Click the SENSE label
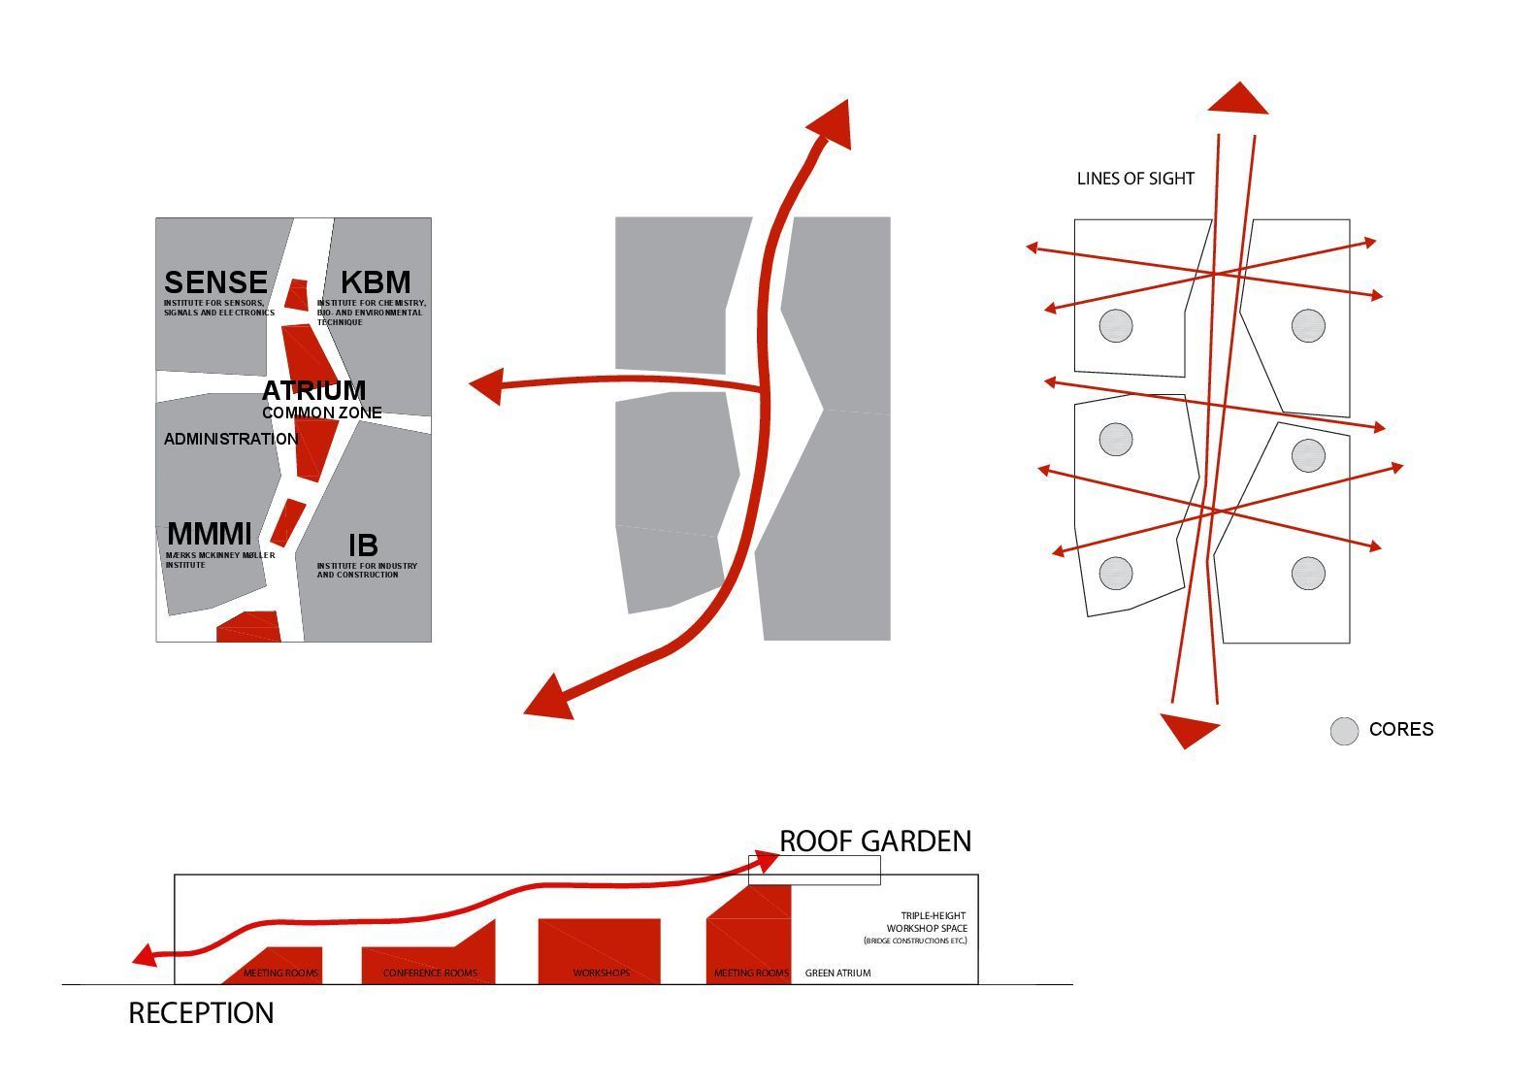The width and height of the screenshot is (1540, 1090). pyautogui.click(x=215, y=282)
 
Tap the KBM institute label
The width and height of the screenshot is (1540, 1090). pyautogui.click(x=376, y=282)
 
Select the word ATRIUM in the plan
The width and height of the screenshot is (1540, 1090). pyautogui.click(x=313, y=390)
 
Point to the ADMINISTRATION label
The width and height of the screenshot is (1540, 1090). pyautogui.click(x=231, y=439)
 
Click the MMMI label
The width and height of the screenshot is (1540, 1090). pyautogui.click(x=210, y=534)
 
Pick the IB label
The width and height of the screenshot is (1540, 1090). pyautogui.click(x=363, y=545)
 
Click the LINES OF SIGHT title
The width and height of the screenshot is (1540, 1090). pyautogui.click(x=1135, y=179)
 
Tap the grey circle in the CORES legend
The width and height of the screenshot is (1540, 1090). pyautogui.click(x=1344, y=731)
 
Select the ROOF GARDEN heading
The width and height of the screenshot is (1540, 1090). pyautogui.click(x=875, y=841)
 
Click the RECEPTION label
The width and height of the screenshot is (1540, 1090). pyautogui.click(x=201, y=1013)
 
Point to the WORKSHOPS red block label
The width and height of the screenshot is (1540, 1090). pyautogui.click(x=601, y=973)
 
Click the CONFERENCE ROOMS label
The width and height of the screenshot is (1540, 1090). pyautogui.click(x=430, y=973)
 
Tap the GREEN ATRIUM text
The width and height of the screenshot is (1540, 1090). pyautogui.click(x=837, y=973)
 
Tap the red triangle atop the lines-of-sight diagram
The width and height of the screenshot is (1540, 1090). pyautogui.click(x=1238, y=100)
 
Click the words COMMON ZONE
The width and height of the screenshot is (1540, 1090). pyautogui.click(x=321, y=413)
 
